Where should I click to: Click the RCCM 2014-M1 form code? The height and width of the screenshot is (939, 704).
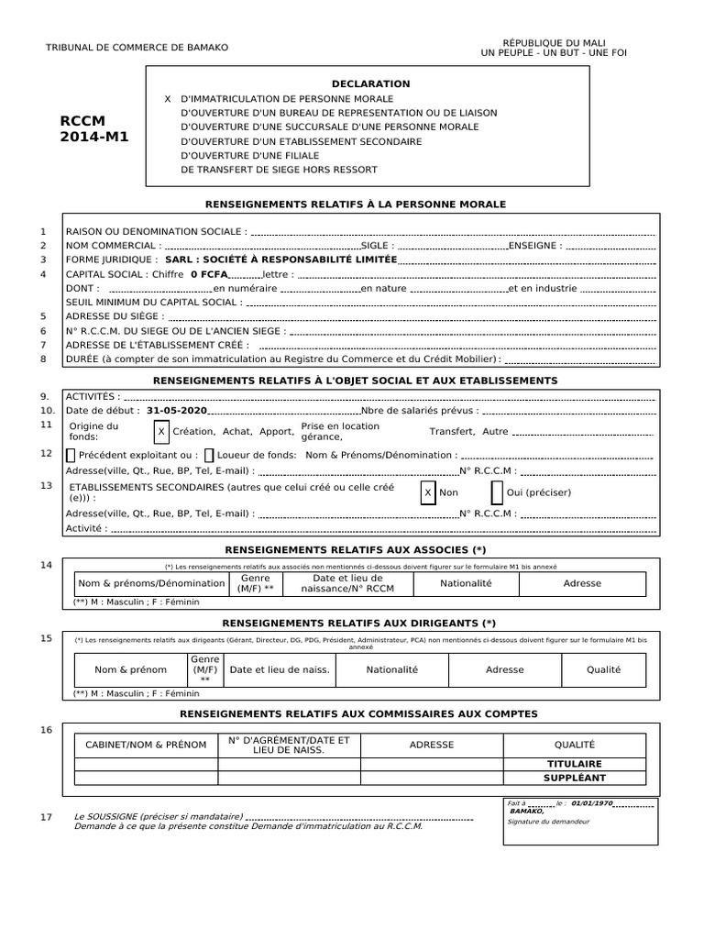pyautogui.click(x=94, y=128)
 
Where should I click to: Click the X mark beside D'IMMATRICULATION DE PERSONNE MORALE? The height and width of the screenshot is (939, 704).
pyautogui.click(x=168, y=98)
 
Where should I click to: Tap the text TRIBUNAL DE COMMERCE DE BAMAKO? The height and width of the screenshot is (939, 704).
pyautogui.click(x=137, y=48)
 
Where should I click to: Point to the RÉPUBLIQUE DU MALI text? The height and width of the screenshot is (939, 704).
pyautogui.click(x=555, y=43)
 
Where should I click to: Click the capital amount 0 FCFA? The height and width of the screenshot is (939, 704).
pyautogui.click(x=209, y=274)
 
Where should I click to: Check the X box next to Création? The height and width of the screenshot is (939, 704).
pyautogui.click(x=161, y=431)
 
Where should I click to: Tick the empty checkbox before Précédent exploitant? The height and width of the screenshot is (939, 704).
pyautogui.click(x=71, y=455)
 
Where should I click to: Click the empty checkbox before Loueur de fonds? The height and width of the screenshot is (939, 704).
pyautogui.click(x=209, y=455)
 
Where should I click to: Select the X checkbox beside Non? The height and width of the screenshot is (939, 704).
pyautogui.click(x=427, y=492)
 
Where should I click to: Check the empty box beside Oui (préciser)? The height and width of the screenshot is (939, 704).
pyautogui.click(x=497, y=492)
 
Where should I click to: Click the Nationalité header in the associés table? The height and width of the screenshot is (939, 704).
pyautogui.click(x=466, y=583)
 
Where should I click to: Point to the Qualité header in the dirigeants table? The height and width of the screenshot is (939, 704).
pyautogui.click(x=603, y=669)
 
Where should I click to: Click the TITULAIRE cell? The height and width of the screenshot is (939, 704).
pyautogui.click(x=574, y=763)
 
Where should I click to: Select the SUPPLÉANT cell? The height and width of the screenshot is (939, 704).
pyautogui.click(x=574, y=778)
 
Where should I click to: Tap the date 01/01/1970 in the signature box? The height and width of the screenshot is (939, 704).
pyautogui.click(x=591, y=803)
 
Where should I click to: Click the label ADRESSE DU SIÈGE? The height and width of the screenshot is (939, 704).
pyautogui.click(x=115, y=315)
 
